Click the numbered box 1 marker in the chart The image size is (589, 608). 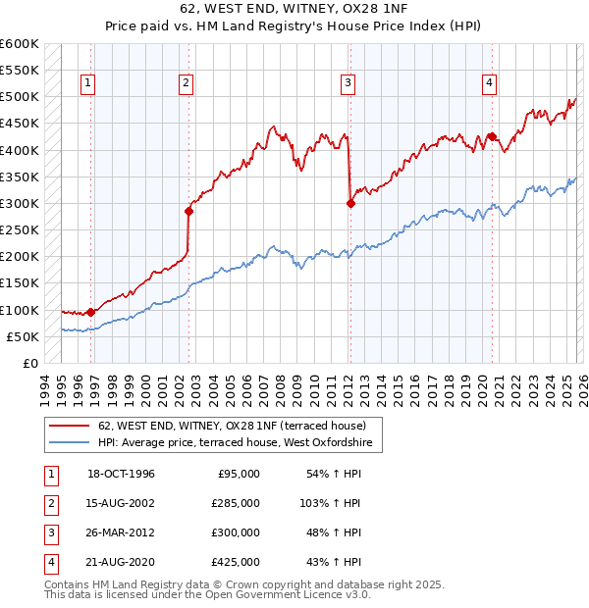click(x=89, y=83)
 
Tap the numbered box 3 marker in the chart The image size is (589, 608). click(x=348, y=83)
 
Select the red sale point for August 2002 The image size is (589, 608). click(x=188, y=211)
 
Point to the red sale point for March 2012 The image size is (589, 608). click(x=350, y=203)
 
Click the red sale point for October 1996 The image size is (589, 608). click(x=91, y=312)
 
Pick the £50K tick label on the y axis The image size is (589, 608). click(x=22, y=336)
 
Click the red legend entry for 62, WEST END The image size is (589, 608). click(x=232, y=426)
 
